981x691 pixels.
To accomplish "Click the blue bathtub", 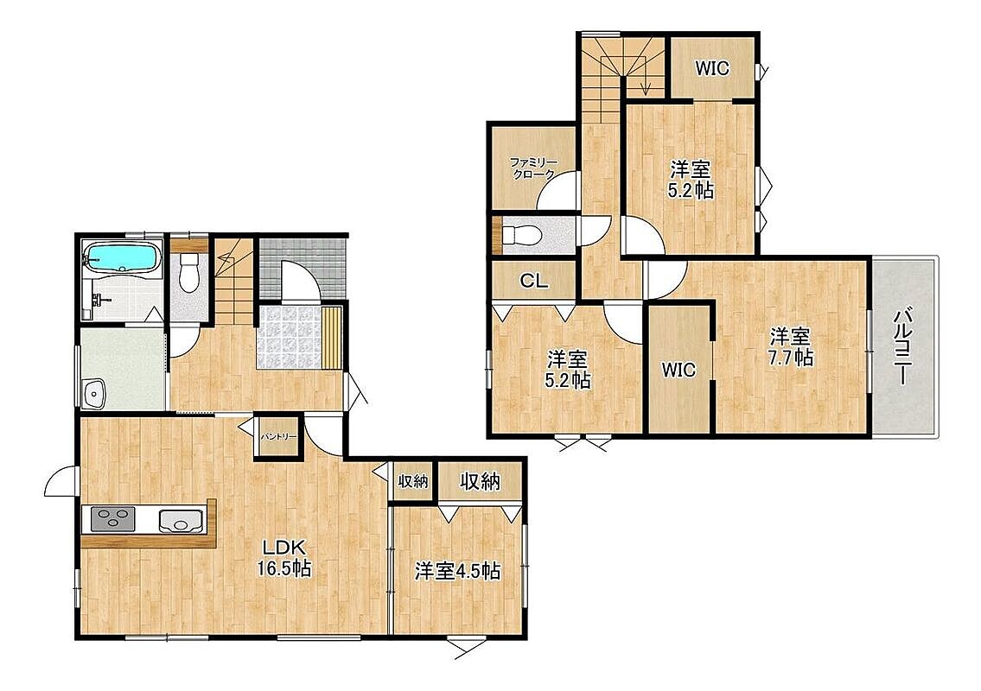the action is point(122,257).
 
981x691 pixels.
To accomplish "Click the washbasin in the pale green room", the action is point(94,394).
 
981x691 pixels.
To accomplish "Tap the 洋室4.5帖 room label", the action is point(457,571).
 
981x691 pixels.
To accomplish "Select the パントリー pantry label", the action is point(278,436).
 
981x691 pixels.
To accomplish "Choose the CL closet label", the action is point(534,281).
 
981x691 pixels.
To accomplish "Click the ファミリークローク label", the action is point(533,168).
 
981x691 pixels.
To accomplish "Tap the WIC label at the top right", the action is point(712,68).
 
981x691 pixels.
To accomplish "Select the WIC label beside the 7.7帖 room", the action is point(678,370).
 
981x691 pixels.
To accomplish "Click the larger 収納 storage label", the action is point(480,480).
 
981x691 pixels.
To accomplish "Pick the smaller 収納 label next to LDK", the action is point(413,481).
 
